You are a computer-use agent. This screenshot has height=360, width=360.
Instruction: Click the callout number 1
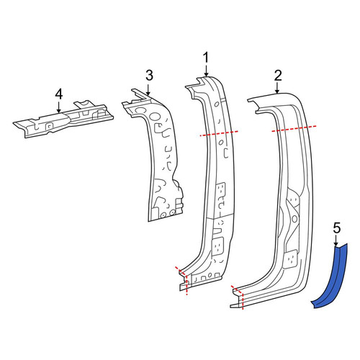tap(206, 58)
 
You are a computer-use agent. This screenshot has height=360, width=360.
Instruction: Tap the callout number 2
tap(278, 76)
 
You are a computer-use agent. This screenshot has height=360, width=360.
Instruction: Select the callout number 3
tap(149, 76)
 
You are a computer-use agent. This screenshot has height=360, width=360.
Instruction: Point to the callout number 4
tap(59, 94)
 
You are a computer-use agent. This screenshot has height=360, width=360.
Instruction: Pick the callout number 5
tap(337, 228)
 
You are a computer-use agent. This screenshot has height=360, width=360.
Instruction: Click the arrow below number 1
tap(206, 71)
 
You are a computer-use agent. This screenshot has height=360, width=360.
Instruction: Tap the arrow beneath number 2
tap(277, 88)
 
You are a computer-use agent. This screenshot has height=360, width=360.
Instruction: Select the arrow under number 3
tap(148, 89)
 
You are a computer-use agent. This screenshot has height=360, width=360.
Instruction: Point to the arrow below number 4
tap(59, 107)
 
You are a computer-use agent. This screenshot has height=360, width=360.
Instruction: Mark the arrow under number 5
tap(336, 240)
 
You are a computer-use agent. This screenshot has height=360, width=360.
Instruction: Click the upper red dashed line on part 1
tap(219, 133)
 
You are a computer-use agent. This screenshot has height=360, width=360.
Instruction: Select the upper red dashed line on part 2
tap(294, 128)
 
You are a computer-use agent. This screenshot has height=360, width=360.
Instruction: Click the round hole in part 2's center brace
tap(294, 218)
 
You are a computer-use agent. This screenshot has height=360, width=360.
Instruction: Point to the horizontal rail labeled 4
tap(63, 120)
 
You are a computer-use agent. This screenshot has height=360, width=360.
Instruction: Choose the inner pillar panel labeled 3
tap(157, 156)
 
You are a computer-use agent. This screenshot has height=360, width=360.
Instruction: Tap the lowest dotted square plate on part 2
tap(292, 258)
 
